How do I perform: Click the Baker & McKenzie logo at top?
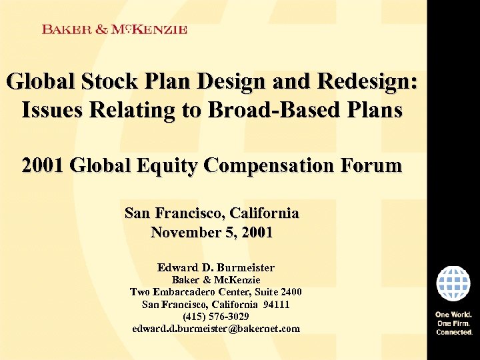click(115, 29)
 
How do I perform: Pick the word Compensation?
click(280, 165)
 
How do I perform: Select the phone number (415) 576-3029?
click(216, 316)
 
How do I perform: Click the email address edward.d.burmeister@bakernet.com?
click(216, 328)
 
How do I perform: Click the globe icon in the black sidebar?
click(453, 283)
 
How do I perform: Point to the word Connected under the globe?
click(454, 331)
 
